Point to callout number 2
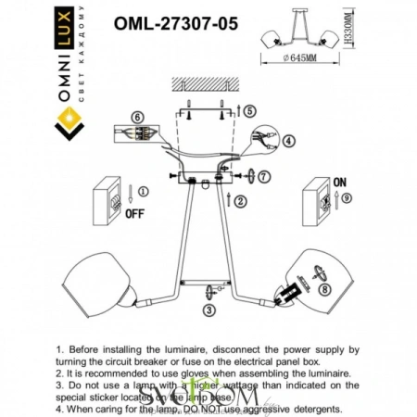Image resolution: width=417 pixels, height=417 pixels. click(240, 200)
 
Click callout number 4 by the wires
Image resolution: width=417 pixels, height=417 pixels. click(288, 142)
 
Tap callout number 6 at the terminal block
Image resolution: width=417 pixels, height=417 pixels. click(136, 118)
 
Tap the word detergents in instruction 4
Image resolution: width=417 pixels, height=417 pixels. click(311, 409)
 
